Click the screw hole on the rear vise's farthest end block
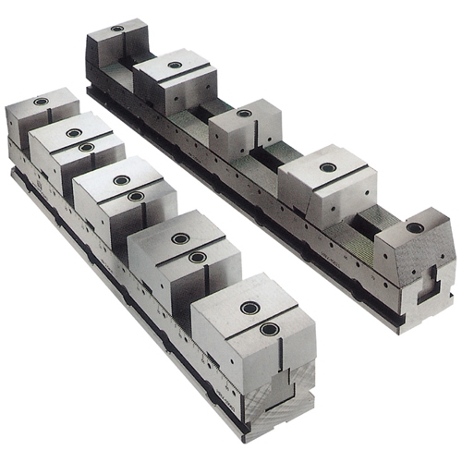coord(117,29)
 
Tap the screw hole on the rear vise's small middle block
coord(244,113)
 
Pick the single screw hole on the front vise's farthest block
coord(41,101)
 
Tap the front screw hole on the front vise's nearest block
coord(269,329)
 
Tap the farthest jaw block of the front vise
coord(42,115)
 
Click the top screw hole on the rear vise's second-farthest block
coord(175,65)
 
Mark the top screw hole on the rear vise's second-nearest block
coord(328,167)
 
